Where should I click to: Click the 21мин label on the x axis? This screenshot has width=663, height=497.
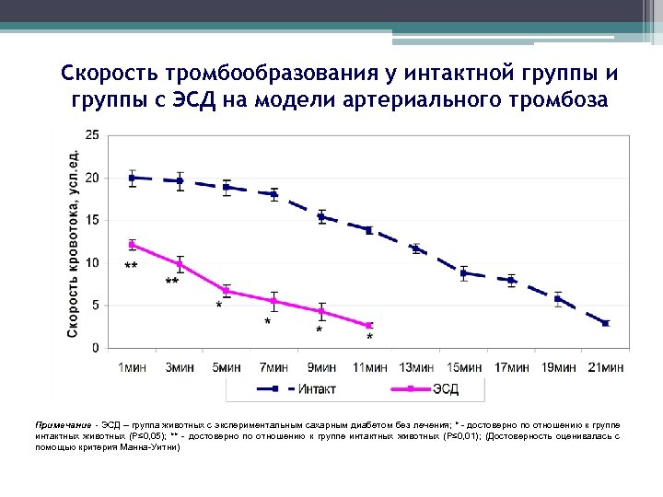[x=606, y=367]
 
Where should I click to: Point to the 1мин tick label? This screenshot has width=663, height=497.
[x=132, y=367]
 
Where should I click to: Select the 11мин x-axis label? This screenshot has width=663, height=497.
[x=369, y=367]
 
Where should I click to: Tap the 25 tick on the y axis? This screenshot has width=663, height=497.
[x=93, y=134]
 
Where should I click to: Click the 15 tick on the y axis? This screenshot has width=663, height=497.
[x=93, y=220]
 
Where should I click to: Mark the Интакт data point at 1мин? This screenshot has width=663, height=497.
[x=133, y=178]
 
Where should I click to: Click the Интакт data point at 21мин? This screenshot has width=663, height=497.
[x=606, y=323]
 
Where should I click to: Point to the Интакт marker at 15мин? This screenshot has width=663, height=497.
[x=464, y=273]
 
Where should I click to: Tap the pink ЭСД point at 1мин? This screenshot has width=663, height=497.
[x=133, y=245]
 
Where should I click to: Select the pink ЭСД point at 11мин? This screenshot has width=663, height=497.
[x=369, y=326]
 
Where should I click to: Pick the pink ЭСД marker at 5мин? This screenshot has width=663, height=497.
[x=227, y=291]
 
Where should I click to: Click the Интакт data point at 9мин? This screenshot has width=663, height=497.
[x=321, y=217]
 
